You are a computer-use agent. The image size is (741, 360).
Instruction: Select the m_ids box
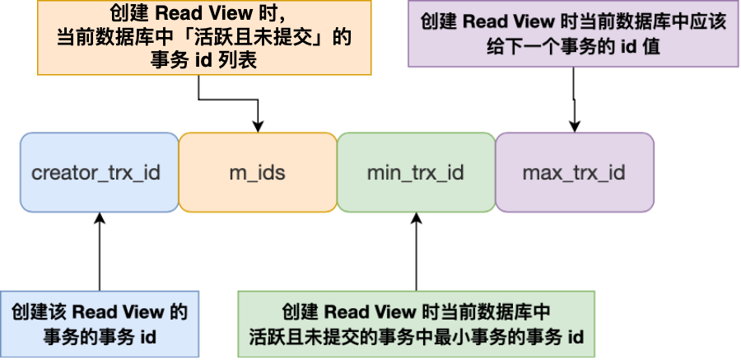point(258,173)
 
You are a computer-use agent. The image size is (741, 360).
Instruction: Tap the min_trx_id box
point(416,173)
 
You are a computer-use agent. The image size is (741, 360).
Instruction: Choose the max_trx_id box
point(574,173)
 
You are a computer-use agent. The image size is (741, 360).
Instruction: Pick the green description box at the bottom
point(415,324)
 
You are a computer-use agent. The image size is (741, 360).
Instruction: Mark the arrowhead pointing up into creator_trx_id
point(99,218)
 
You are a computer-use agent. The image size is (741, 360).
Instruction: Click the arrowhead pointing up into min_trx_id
point(416,218)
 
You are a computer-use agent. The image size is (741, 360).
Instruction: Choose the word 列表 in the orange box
point(240,63)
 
